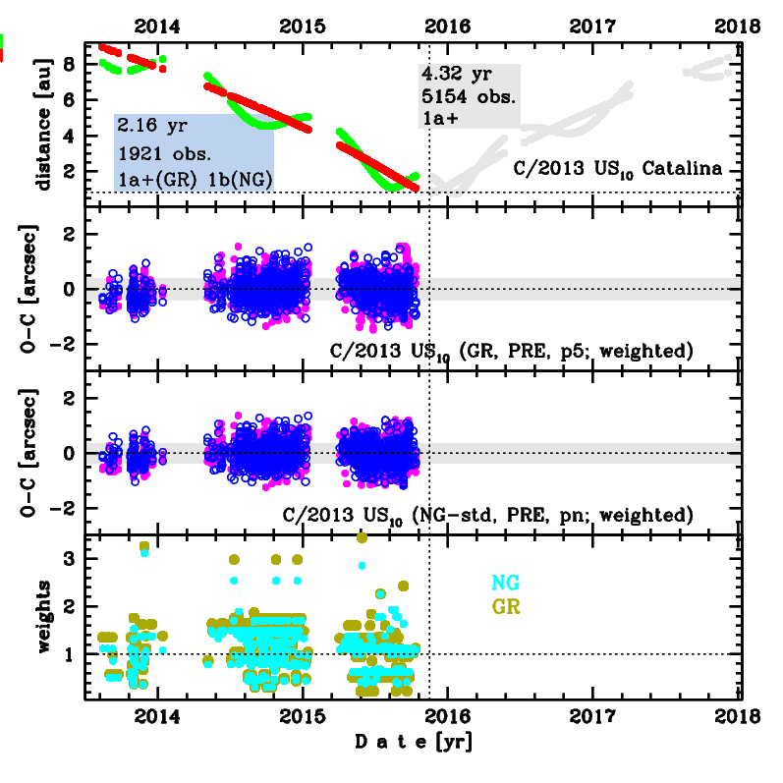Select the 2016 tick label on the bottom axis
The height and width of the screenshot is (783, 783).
pyautogui.click(x=448, y=718)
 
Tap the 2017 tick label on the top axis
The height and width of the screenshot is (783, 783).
pyautogui.click(x=594, y=26)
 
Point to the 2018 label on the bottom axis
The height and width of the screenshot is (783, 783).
pyautogui.click(x=741, y=718)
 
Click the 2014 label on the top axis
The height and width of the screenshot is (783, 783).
pyautogui.click(x=155, y=26)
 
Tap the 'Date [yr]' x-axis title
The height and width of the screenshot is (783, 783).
pyautogui.click(x=414, y=743)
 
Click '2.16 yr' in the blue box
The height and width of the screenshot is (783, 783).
pyautogui.click(x=146, y=127)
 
